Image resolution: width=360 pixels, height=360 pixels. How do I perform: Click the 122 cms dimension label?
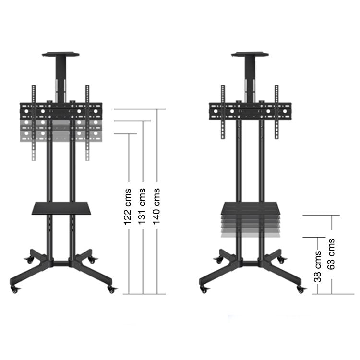tap(128, 210)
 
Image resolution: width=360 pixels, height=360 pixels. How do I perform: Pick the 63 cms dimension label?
tap(331, 253)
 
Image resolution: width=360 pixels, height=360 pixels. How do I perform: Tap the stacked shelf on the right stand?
tap(250, 219)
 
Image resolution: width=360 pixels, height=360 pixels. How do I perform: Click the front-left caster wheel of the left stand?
tap(15, 289)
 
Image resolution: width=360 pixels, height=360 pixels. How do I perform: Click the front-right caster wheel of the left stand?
tap(112, 289)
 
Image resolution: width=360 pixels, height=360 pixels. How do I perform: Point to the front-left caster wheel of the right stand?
tap(204, 289)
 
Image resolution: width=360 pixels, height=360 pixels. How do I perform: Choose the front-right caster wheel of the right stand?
tap(301, 289)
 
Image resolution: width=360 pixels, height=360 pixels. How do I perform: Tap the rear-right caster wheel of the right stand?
tap(282, 260)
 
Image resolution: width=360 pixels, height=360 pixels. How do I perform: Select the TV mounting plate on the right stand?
tap(250, 111)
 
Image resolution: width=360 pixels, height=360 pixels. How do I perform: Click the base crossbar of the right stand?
tap(250, 263)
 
